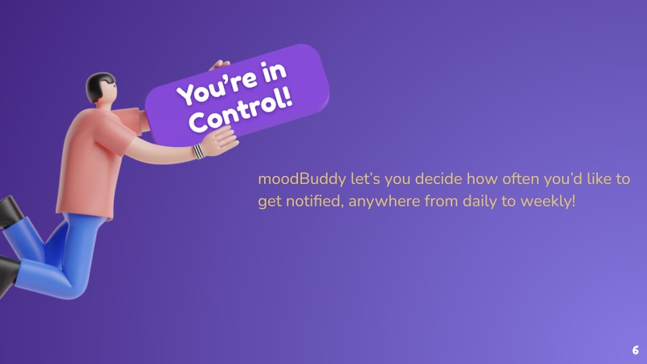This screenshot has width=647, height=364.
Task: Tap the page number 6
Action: (x=635, y=350)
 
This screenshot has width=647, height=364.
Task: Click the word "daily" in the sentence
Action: (x=479, y=201)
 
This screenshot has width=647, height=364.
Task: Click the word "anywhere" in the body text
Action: (x=387, y=201)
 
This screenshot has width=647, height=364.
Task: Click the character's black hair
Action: (x=98, y=84)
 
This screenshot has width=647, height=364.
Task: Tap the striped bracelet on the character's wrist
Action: (x=198, y=150)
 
